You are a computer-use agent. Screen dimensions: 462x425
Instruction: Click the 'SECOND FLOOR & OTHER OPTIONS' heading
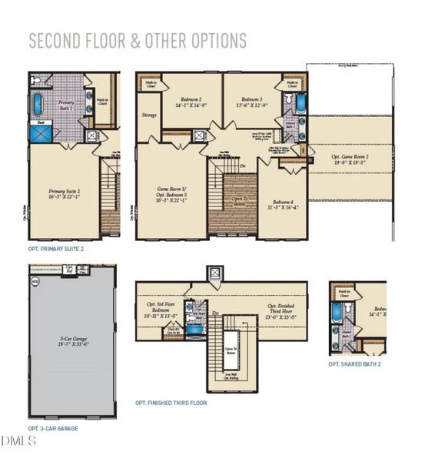138,41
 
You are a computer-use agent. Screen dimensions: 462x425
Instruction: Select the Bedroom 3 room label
251,104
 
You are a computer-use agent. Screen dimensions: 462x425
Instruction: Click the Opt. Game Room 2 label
349,158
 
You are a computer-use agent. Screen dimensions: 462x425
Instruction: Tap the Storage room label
149,115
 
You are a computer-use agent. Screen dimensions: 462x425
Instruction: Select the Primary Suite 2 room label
64,192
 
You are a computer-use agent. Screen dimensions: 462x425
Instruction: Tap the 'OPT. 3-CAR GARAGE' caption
53,427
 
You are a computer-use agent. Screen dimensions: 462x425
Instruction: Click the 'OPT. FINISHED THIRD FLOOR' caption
171,402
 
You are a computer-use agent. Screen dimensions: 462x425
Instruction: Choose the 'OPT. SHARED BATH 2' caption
354,363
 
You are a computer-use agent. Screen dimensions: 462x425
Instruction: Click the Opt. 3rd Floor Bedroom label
162,311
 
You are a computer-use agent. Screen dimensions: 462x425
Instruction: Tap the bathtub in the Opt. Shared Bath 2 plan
337,313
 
